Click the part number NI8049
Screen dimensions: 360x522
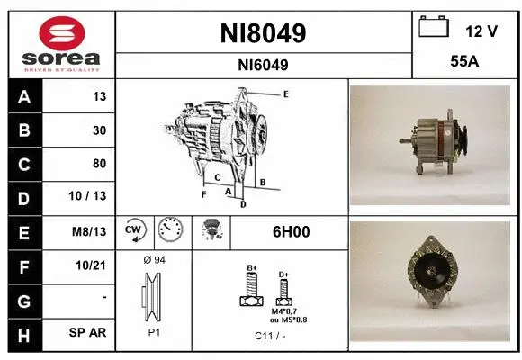tap(263, 33)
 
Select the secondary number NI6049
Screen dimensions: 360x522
tap(263, 65)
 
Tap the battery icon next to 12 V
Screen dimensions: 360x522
tap(434, 28)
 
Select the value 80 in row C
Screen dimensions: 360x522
tap(99, 164)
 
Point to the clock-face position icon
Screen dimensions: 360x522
tap(170, 231)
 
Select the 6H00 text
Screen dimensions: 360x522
tap(291, 231)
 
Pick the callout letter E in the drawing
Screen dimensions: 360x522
tap(285, 94)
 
